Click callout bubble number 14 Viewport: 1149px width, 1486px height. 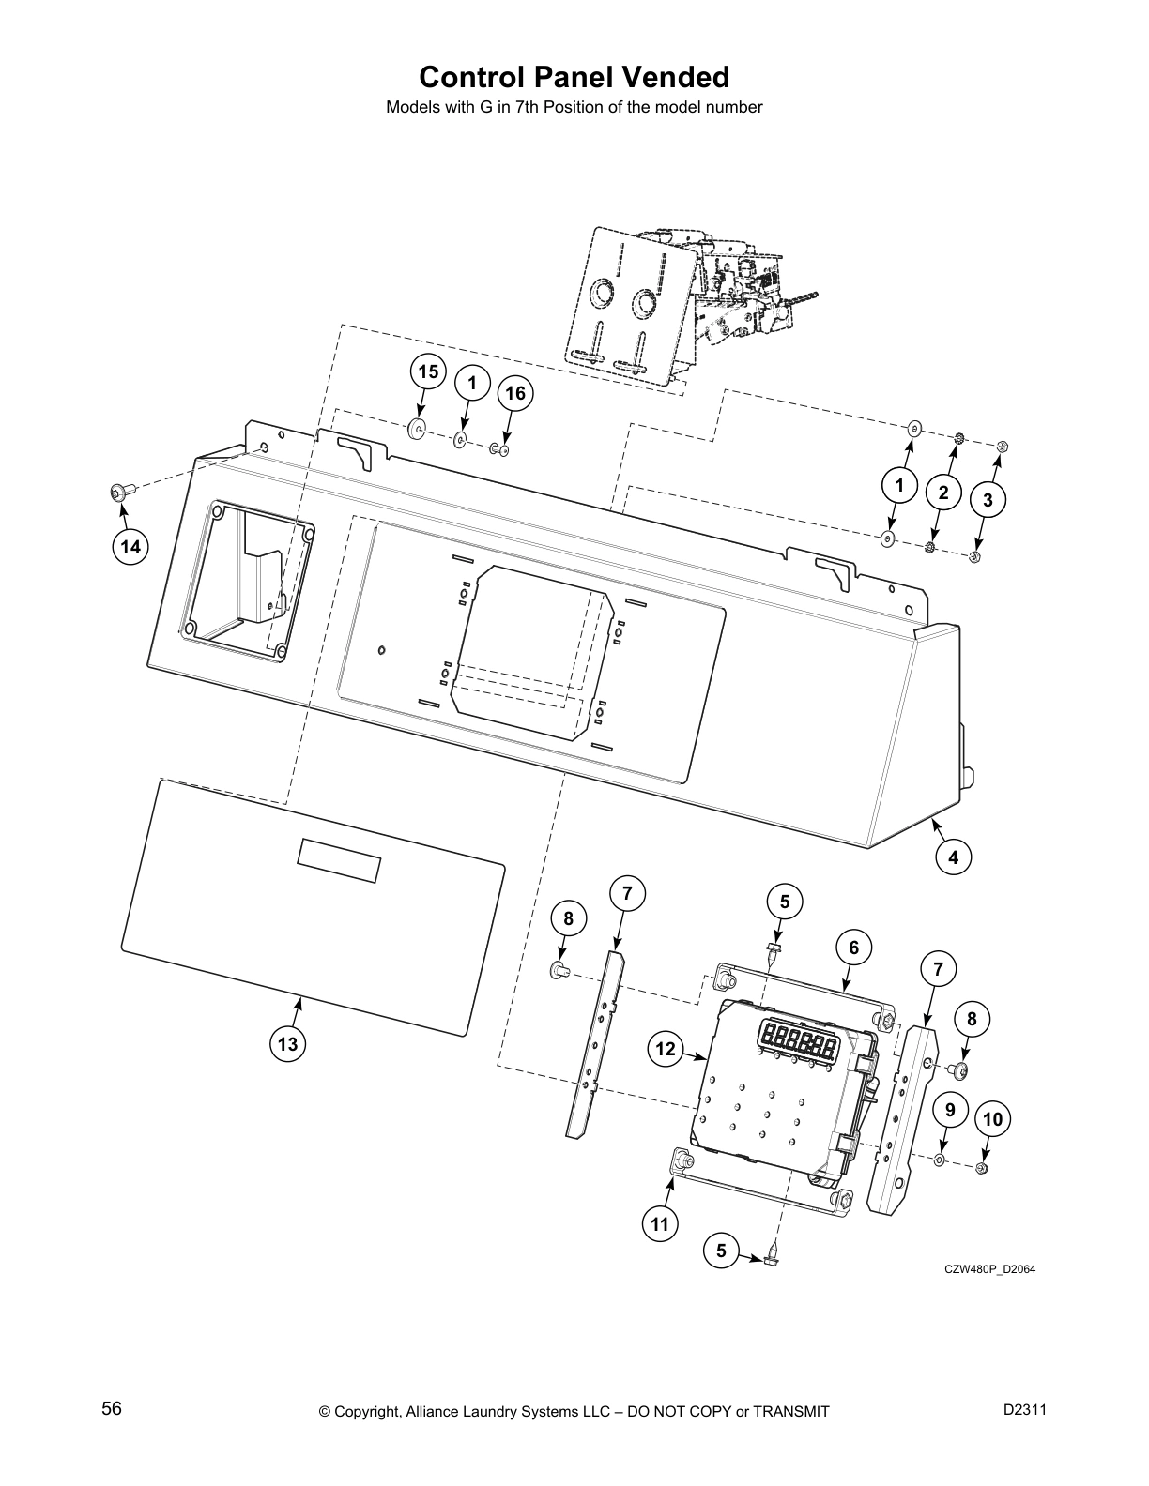point(131,546)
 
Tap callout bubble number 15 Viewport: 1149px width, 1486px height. point(427,372)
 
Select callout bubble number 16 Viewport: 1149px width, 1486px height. point(515,394)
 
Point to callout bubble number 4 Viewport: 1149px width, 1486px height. point(954,857)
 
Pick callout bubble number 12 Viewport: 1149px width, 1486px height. point(666,1049)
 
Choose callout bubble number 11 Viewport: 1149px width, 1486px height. point(660,1223)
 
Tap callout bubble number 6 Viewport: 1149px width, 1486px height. point(853,948)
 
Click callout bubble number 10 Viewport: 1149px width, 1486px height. point(993,1119)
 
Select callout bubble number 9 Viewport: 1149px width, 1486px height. point(950,1110)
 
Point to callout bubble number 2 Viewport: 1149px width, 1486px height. point(943,493)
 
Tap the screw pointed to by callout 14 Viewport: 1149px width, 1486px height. point(119,490)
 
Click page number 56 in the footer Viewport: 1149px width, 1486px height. point(112,1408)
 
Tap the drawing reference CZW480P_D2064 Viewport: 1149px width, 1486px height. point(989,1269)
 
